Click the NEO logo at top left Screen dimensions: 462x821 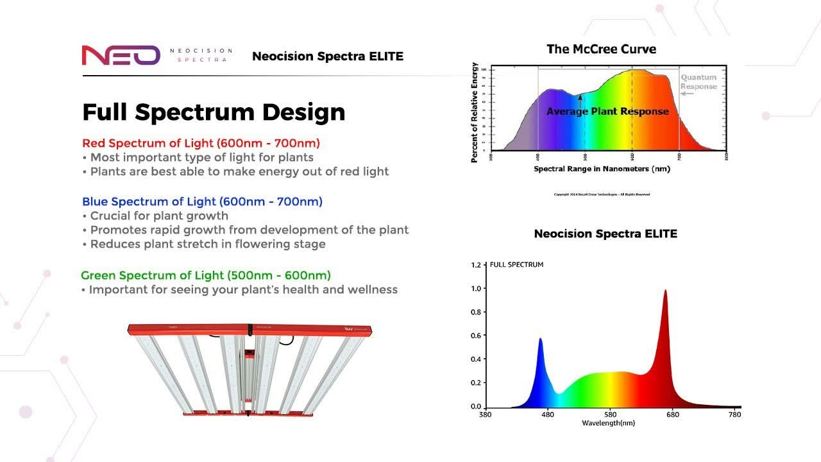[x=121, y=55]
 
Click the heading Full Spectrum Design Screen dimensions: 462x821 [x=214, y=112]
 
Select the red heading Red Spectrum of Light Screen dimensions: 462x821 [x=201, y=143]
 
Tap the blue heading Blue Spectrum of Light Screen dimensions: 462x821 [x=202, y=201]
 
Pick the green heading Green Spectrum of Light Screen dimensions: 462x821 [x=206, y=275]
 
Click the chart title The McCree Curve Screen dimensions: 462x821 [x=601, y=49]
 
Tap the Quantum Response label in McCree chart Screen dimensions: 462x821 [x=698, y=82]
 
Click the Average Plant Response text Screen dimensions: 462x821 [x=607, y=112]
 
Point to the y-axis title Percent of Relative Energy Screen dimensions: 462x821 [x=475, y=112]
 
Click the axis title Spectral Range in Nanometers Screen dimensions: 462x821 [x=602, y=169]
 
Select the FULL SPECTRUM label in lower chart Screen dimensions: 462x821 [x=516, y=264]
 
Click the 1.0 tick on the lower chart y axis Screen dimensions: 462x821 [x=476, y=289]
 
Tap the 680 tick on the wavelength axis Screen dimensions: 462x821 [x=672, y=415]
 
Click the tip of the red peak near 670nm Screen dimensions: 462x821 [x=665, y=291]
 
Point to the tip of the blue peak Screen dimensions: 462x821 [x=540, y=339]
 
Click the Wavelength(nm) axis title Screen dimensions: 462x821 [x=608, y=424]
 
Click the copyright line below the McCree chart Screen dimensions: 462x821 [x=602, y=194]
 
